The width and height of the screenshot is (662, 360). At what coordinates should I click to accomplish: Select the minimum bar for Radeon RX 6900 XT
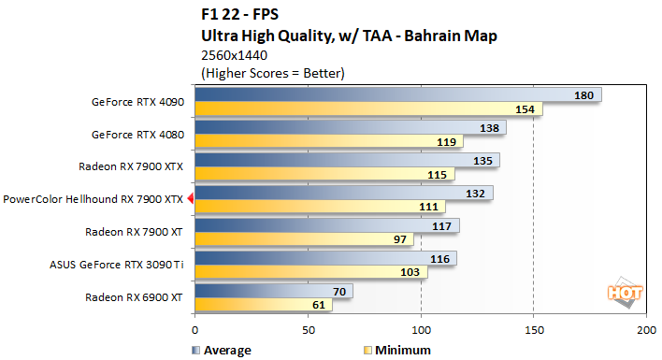[263, 305]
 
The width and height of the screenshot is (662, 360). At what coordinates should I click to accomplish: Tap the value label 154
[523, 110]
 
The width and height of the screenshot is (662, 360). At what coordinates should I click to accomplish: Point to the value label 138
[486, 128]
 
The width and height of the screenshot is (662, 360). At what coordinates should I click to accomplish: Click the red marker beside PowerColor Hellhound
[190, 198]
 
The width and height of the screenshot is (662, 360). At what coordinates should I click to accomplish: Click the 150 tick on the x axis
[533, 330]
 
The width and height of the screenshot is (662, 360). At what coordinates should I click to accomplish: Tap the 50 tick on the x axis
[308, 330]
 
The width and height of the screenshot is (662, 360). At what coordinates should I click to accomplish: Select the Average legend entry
[222, 351]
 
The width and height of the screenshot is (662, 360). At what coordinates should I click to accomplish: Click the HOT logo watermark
[627, 292]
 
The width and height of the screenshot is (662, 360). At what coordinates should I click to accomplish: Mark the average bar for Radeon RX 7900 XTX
[347, 160]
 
